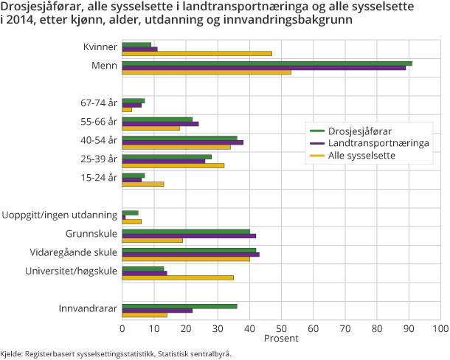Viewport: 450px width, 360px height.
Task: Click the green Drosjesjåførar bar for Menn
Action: pyautogui.click(x=266, y=63)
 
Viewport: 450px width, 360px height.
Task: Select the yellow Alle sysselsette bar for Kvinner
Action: pyautogui.click(x=196, y=53)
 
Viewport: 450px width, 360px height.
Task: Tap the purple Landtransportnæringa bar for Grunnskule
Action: pyautogui.click(x=189, y=236)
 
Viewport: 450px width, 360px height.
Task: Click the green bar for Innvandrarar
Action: pyautogui.click(x=179, y=306)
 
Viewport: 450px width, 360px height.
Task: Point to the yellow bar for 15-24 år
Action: pyautogui.click(x=142, y=184)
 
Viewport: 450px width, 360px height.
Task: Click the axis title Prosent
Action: pyautogui.click(x=281, y=339)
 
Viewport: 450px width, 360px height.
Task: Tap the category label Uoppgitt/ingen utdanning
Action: pyautogui.click(x=60, y=215)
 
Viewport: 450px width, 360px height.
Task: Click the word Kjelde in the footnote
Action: pyautogui.click(x=13, y=354)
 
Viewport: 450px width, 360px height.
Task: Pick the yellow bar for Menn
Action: pyautogui.click(x=207, y=72)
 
